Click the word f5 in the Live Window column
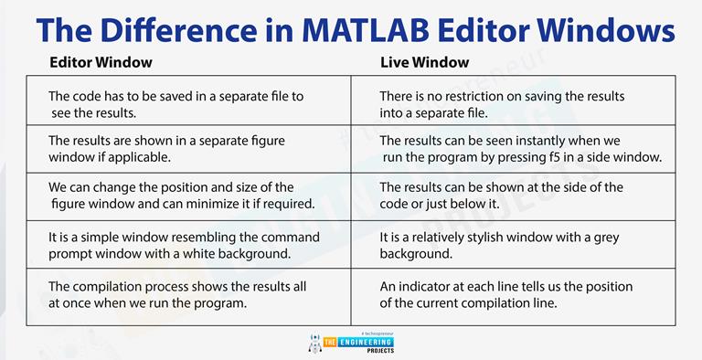[x=567, y=157]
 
